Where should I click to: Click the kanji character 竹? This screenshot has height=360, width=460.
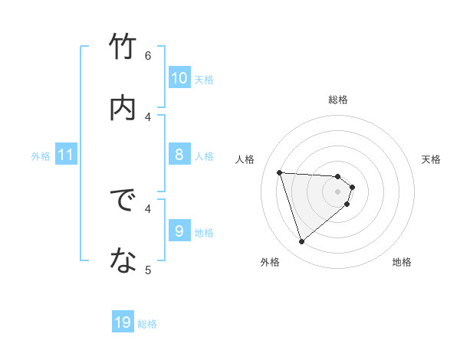[123, 47]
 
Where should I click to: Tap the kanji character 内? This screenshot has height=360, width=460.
[123, 107]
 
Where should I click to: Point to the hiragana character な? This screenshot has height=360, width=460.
[123, 261]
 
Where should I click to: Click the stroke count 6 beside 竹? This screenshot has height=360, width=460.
[148, 55]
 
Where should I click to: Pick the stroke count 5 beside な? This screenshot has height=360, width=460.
[148, 269]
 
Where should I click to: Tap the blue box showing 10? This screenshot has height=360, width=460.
[179, 78]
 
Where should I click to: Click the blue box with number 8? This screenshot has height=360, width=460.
[179, 155]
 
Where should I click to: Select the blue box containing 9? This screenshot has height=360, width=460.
[179, 231]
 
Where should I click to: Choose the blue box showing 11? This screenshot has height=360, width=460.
[66, 155]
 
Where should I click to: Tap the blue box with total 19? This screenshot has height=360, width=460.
[123, 322]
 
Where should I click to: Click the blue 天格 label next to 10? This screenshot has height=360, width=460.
[204, 79]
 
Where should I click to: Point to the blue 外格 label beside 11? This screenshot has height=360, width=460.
[41, 156]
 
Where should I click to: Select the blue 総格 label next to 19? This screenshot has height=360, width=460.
[147, 324]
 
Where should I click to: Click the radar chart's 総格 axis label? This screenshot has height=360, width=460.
[338, 100]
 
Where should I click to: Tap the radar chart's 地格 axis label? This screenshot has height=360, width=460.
[402, 262]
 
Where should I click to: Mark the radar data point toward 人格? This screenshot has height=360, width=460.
[280, 172]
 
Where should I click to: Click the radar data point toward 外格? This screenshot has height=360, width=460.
[301, 242]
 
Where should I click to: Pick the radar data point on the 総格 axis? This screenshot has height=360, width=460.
[338, 176]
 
